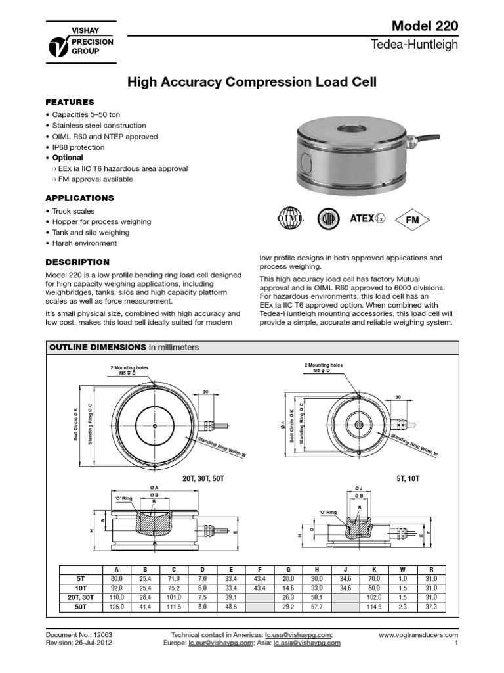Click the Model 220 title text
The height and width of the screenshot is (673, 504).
pos(424,26)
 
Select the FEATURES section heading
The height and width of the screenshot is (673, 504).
pos(70,103)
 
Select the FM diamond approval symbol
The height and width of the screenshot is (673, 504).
pos(413,220)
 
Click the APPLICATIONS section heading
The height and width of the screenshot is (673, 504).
pos(79,198)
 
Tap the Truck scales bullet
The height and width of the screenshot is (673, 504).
pos(72,211)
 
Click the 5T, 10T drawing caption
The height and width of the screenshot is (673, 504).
pos(408,480)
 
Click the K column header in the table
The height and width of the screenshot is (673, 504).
pos(374,569)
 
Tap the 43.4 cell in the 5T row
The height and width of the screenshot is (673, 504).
pos(259,578)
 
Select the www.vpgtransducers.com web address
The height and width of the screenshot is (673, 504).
pos(418,636)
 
